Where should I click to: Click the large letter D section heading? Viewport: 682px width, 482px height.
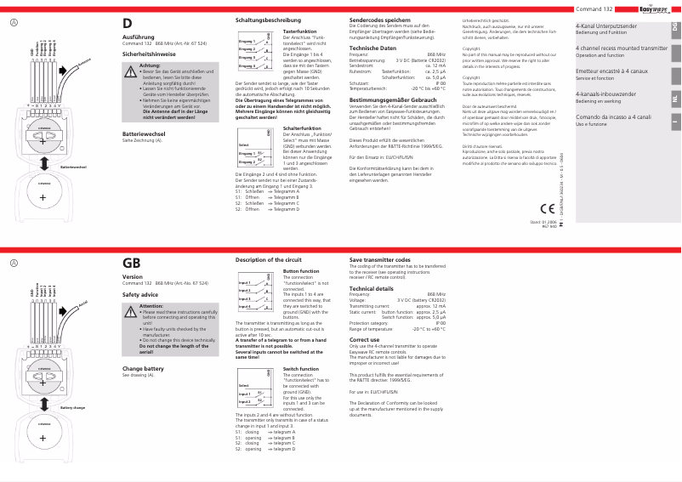coord(128,25)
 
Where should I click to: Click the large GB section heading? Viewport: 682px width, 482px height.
coord(132,264)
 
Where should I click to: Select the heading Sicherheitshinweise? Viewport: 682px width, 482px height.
coord(151,54)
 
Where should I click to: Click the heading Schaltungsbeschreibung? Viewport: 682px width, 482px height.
coord(270,19)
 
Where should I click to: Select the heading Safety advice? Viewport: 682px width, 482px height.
coord(140,293)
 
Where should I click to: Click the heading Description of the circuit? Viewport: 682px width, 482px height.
coord(268,258)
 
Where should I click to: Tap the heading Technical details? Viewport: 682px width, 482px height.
coord(371,288)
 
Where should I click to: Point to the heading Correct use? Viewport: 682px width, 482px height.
coord(365,338)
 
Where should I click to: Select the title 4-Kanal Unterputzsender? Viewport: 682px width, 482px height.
coord(605,26)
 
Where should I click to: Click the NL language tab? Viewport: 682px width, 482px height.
coord(674,99)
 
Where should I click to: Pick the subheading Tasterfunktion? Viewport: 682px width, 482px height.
coord(295,31)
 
